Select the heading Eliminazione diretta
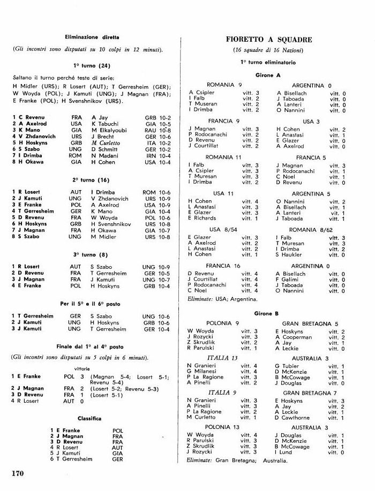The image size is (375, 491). click(92, 37)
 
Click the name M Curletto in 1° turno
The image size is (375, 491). click(106, 143)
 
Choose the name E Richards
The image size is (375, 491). click(202, 218)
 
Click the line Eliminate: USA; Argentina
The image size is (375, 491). click(219, 299)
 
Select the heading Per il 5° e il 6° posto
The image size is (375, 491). click(92, 304)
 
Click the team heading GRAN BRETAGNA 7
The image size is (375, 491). click(311, 393)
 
